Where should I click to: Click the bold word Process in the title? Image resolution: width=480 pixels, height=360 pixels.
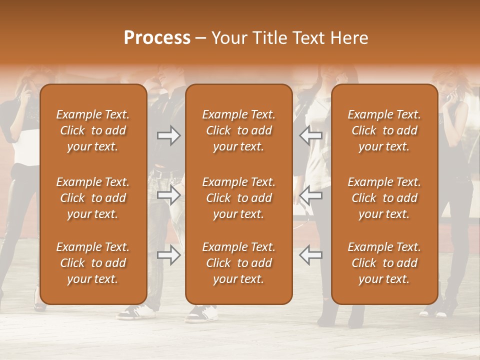157,38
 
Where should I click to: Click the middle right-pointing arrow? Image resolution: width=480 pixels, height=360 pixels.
168,195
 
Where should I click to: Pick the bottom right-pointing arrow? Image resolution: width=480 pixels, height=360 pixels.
168,255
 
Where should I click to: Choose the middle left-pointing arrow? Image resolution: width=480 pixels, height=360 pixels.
310,195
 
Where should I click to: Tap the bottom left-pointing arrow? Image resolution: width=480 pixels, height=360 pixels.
310,255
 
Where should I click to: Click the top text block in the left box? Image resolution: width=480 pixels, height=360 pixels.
93,130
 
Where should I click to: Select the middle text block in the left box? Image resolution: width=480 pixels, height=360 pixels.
93,198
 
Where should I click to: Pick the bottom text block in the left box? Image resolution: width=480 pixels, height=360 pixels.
93,263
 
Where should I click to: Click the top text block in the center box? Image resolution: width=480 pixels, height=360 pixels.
238,130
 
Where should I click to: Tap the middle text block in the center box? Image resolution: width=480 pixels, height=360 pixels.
238,198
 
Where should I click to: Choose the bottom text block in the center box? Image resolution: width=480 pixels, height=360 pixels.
238,263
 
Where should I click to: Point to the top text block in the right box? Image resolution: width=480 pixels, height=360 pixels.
384,130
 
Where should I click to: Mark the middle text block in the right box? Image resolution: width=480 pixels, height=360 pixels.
384,198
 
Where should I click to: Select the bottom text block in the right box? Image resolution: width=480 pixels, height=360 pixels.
384,263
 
